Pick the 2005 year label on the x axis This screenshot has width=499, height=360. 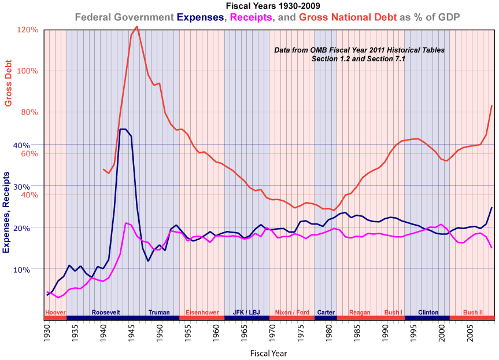tap(470, 333)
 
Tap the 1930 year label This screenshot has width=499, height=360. tap(47, 333)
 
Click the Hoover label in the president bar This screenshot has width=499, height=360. tap(56, 313)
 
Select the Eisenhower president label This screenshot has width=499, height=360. tap(202, 313)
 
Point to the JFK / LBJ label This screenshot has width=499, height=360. tap(246, 313)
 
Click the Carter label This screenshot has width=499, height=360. tap(326, 313)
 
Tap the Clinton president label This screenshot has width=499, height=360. tap(428, 313)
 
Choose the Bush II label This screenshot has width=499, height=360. tap(473, 313)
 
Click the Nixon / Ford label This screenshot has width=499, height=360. tap(292, 313)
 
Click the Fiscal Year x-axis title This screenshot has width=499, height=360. tap(268, 352)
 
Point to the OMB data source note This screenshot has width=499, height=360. tap(359, 54)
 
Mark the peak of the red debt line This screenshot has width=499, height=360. tap(136, 27)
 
